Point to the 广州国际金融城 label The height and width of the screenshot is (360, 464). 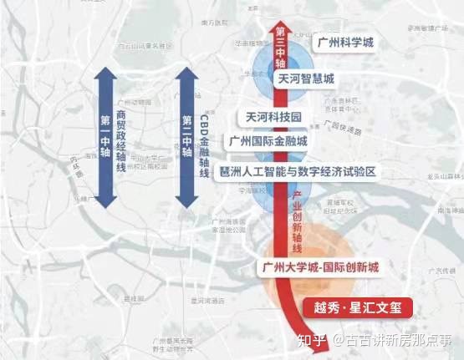click(269, 141)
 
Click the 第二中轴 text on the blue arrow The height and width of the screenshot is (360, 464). click(186, 134)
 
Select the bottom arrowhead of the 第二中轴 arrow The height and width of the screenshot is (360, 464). click(186, 203)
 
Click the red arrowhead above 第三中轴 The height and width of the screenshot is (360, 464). click(281, 17)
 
